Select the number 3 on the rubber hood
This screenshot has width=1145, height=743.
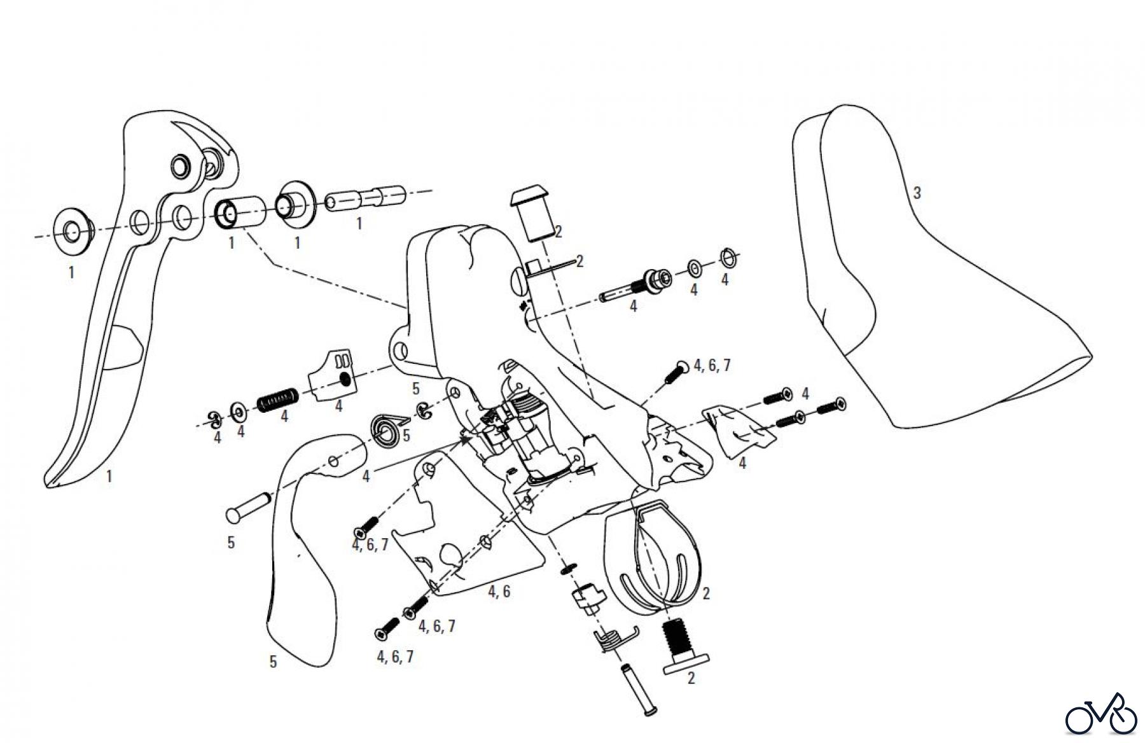coord(917,193)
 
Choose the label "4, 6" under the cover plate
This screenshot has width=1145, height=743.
coord(499,592)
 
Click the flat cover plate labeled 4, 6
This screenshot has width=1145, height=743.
coord(464,522)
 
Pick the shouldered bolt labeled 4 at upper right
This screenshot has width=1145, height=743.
coord(637,287)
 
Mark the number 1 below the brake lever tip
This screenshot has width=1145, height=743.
coord(109,476)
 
